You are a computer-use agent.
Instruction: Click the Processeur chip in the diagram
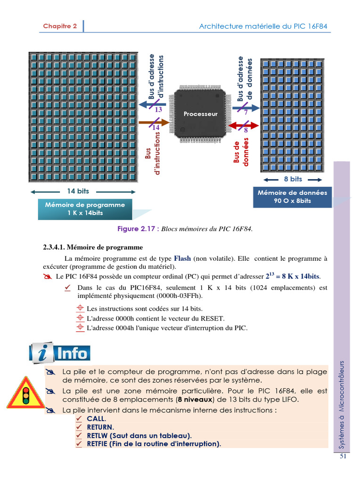[200, 114]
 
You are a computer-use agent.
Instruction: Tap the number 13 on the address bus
[158, 110]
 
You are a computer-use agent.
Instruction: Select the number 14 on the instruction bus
[156, 128]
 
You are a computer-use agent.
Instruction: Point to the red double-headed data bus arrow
[243, 126]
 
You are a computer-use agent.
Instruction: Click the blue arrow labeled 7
[245, 108]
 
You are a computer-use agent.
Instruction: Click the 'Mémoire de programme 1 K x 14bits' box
[85, 209]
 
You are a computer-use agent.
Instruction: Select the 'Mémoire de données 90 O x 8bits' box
[292, 197]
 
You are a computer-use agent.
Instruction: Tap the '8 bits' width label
[293, 179]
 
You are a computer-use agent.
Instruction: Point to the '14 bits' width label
[78, 192]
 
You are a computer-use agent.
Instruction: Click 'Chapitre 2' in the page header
[60, 26]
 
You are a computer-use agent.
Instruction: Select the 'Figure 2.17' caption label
[138, 229]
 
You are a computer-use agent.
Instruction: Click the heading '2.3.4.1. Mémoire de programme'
[93, 247]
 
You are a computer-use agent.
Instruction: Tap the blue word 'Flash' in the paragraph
[182, 258]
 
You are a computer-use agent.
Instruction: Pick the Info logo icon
[60, 353]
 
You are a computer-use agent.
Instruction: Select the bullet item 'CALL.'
[96, 418]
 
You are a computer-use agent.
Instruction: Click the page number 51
[343, 456]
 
